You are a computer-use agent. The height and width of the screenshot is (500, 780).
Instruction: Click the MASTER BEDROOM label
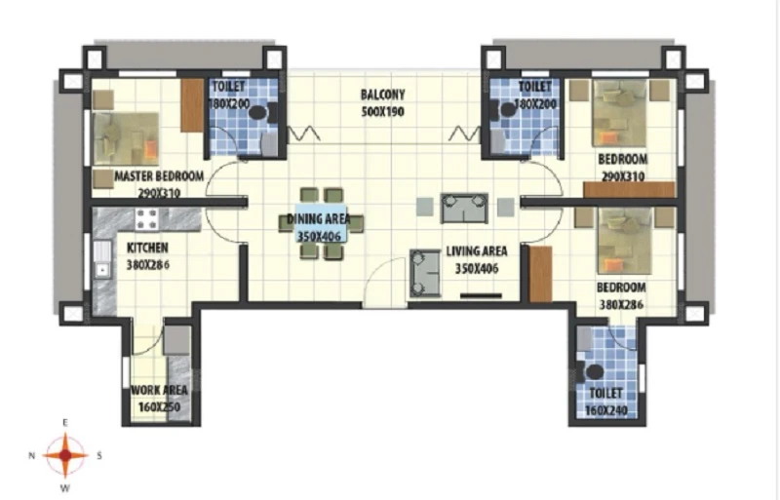(x=159, y=176)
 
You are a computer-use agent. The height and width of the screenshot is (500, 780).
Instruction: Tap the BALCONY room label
(x=382, y=95)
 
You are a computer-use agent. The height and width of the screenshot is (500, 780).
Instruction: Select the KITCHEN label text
(x=148, y=248)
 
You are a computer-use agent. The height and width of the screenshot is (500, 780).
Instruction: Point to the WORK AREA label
(x=159, y=390)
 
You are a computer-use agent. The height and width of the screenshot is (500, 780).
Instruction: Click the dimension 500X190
(x=382, y=111)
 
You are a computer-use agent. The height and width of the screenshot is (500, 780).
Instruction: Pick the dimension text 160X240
(x=605, y=411)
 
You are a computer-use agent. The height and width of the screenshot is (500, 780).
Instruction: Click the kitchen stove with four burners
(x=147, y=219)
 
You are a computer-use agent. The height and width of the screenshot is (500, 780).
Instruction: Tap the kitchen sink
(x=102, y=258)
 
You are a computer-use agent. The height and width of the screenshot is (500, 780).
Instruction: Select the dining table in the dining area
(x=322, y=223)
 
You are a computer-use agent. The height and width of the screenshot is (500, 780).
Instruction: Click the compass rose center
(x=65, y=455)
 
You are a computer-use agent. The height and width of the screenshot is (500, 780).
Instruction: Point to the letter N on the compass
(x=32, y=455)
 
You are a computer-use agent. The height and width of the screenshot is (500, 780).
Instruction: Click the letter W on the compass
(x=64, y=488)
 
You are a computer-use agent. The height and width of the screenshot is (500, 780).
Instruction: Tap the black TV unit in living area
(x=481, y=296)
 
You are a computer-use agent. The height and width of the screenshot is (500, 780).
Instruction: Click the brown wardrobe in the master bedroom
(x=192, y=105)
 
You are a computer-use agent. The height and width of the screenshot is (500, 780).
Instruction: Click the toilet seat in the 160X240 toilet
(x=592, y=372)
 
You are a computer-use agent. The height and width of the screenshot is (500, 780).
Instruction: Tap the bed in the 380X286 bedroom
(x=625, y=242)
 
